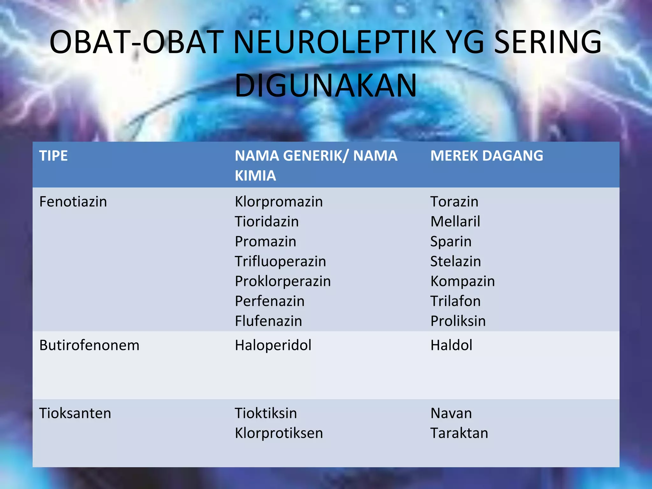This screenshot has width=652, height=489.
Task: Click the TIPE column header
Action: [x=53, y=156]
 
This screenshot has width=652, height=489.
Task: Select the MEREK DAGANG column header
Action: [x=486, y=156]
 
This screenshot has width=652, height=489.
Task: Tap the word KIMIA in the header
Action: [x=255, y=176]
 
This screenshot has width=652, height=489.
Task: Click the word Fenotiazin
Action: [x=73, y=202]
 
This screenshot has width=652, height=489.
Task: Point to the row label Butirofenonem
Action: [x=89, y=345]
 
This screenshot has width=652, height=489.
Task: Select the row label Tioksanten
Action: [x=75, y=413]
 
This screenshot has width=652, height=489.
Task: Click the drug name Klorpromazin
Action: [x=279, y=202]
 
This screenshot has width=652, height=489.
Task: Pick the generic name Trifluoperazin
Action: [x=280, y=261]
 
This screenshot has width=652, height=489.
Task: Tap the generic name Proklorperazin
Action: [x=283, y=281]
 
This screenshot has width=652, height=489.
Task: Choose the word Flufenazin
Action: [x=268, y=321]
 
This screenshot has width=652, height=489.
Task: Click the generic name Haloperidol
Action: [x=273, y=345]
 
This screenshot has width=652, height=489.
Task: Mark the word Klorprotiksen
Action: [x=279, y=433]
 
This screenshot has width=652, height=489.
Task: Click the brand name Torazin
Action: [x=454, y=202]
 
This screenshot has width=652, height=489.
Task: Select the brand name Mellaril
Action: [x=455, y=222]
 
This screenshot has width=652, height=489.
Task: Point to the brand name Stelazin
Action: [x=455, y=261]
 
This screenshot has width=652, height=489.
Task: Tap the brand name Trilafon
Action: [x=455, y=301]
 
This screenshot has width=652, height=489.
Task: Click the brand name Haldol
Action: [x=451, y=345]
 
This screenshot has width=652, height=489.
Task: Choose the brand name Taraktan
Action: [x=459, y=433]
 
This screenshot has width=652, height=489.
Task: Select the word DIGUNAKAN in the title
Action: [x=325, y=85]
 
